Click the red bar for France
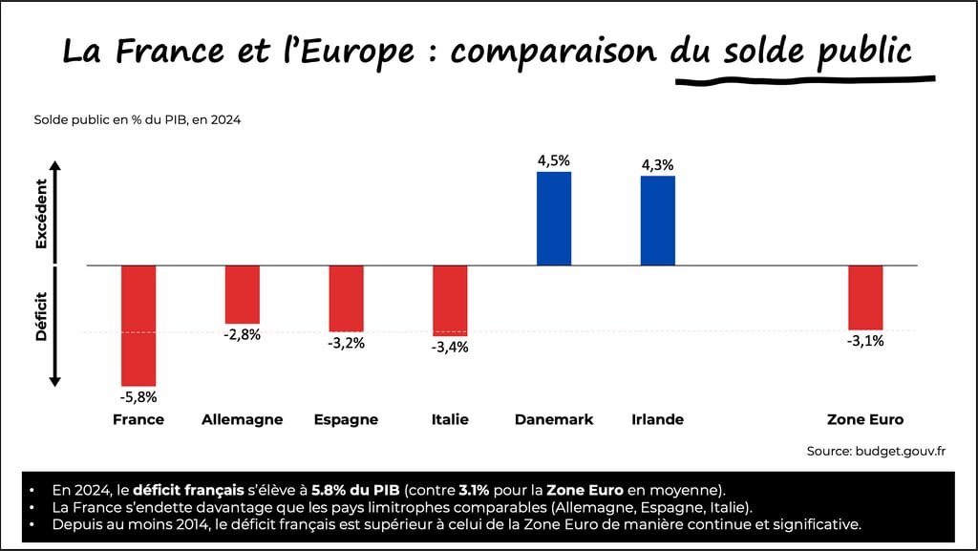tap(138, 325)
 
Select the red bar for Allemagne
tap(242, 294)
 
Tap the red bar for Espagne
tap(346, 298)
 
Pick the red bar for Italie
tap(450, 300)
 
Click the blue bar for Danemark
tap(554, 219)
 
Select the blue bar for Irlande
tap(657, 221)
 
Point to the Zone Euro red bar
tap(865, 297)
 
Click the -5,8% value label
tap(138, 396)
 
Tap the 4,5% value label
tap(554, 160)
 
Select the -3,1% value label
tap(865, 341)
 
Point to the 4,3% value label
tap(657, 164)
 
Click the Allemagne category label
tap(242, 419)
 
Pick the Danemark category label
tap(554, 419)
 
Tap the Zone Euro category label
tap(864, 419)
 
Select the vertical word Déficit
tap(41, 316)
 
